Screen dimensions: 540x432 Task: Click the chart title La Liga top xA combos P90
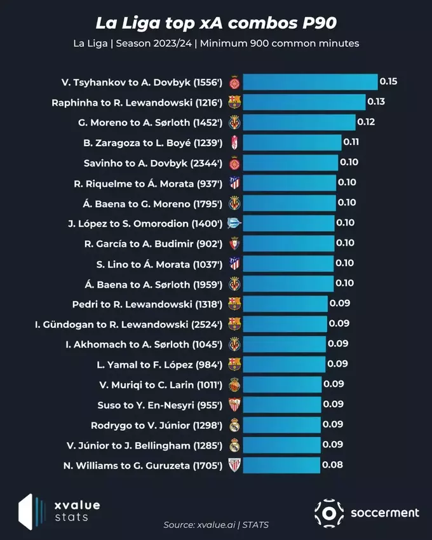point(216,24)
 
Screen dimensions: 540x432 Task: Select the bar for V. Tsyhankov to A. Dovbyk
point(310,82)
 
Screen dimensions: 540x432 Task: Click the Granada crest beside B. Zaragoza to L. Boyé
point(234,142)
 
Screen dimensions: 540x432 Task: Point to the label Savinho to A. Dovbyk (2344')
point(152,163)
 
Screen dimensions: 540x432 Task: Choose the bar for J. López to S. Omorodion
point(289,223)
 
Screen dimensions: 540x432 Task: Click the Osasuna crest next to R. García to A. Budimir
point(234,243)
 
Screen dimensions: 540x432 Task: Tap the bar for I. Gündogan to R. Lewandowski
point(285,324)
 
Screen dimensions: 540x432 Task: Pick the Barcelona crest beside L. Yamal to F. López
point(234,364)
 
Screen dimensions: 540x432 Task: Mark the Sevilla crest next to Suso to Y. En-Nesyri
point(234,405)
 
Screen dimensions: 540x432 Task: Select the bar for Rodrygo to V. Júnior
point(282,425)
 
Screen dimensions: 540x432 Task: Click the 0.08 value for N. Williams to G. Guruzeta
point(333,465)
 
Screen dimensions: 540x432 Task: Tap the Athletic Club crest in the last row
point(234,465)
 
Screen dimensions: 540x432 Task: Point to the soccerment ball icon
point(329,513)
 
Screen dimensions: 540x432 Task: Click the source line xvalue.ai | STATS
point(216,525)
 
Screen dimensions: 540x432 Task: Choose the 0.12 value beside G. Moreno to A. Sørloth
point(366,122)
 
